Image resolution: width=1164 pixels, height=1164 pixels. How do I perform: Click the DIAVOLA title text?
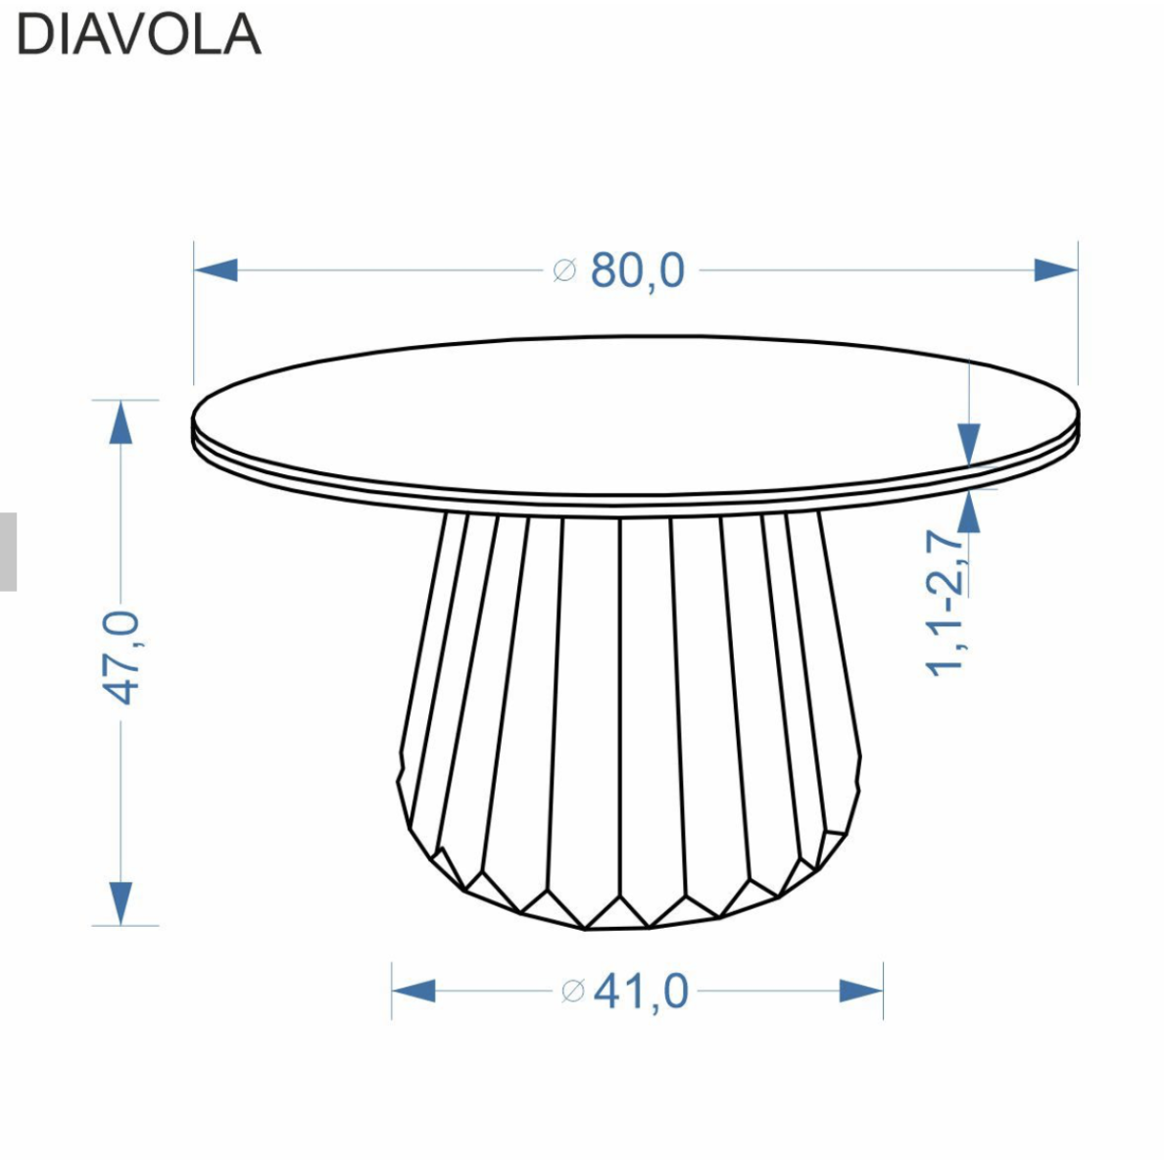[139, 35]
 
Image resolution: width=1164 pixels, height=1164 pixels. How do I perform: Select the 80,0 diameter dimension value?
[638, 270]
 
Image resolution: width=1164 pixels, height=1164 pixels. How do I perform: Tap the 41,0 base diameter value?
[642, 991]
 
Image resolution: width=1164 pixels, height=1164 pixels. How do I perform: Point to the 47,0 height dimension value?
[121, 657]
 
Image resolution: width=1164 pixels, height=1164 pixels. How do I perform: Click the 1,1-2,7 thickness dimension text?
[946, 603]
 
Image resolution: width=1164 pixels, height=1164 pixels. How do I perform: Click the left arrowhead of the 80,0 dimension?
[216, 270]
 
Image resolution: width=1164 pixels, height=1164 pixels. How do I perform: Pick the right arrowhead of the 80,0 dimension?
[1055, 270]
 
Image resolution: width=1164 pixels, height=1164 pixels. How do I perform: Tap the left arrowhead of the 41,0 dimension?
[413, 991]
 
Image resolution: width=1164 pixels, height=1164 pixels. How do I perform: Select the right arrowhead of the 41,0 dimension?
[861, 991]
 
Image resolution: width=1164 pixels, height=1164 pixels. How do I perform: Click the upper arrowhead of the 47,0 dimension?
[121, 422]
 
